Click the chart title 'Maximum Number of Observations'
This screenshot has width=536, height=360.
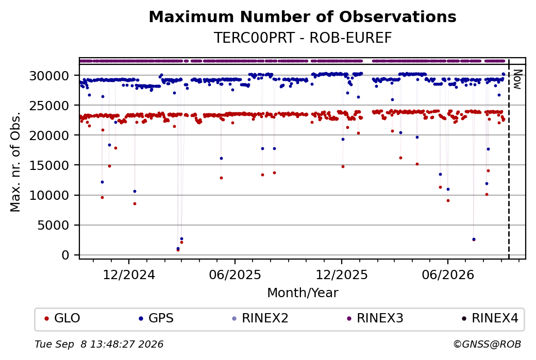pos(303,16)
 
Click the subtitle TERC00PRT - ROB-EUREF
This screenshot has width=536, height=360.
pos(303,38)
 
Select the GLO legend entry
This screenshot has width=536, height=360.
pos(62,318)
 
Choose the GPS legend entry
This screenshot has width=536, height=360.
pos(156,318)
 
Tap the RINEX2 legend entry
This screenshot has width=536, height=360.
pos(260,318)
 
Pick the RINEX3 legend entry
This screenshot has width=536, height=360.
pos(375,318)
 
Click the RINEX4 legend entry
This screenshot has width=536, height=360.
pos(490,318)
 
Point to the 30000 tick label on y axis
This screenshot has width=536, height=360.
pos(49,76)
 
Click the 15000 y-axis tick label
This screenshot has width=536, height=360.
pos(49,166)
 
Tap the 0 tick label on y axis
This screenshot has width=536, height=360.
pos(65,255)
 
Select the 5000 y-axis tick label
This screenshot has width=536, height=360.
pos(53,226)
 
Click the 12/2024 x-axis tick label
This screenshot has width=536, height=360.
pos(129,275)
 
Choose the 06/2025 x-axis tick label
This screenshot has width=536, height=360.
pos(235,275)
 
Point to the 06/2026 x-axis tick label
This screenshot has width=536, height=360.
pos(448,275)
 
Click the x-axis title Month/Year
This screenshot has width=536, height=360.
pos(303,293)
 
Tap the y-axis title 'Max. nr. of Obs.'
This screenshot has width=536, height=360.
pos(15,162)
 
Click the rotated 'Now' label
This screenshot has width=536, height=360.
pos(518,79)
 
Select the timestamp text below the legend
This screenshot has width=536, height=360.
pos(99,344)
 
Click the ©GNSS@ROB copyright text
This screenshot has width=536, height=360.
pos(487,344)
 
